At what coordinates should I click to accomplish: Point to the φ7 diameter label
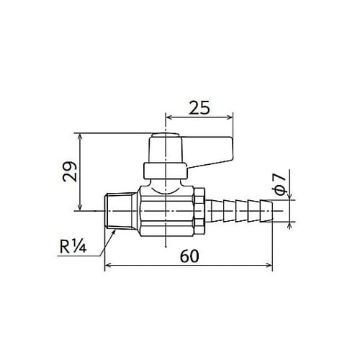pyautogui.click(x=281, y=184)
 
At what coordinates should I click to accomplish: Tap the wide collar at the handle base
pyautogui.click(x=165, y=171)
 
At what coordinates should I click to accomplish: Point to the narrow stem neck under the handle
pyautogui.click(x=165, y=184)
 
